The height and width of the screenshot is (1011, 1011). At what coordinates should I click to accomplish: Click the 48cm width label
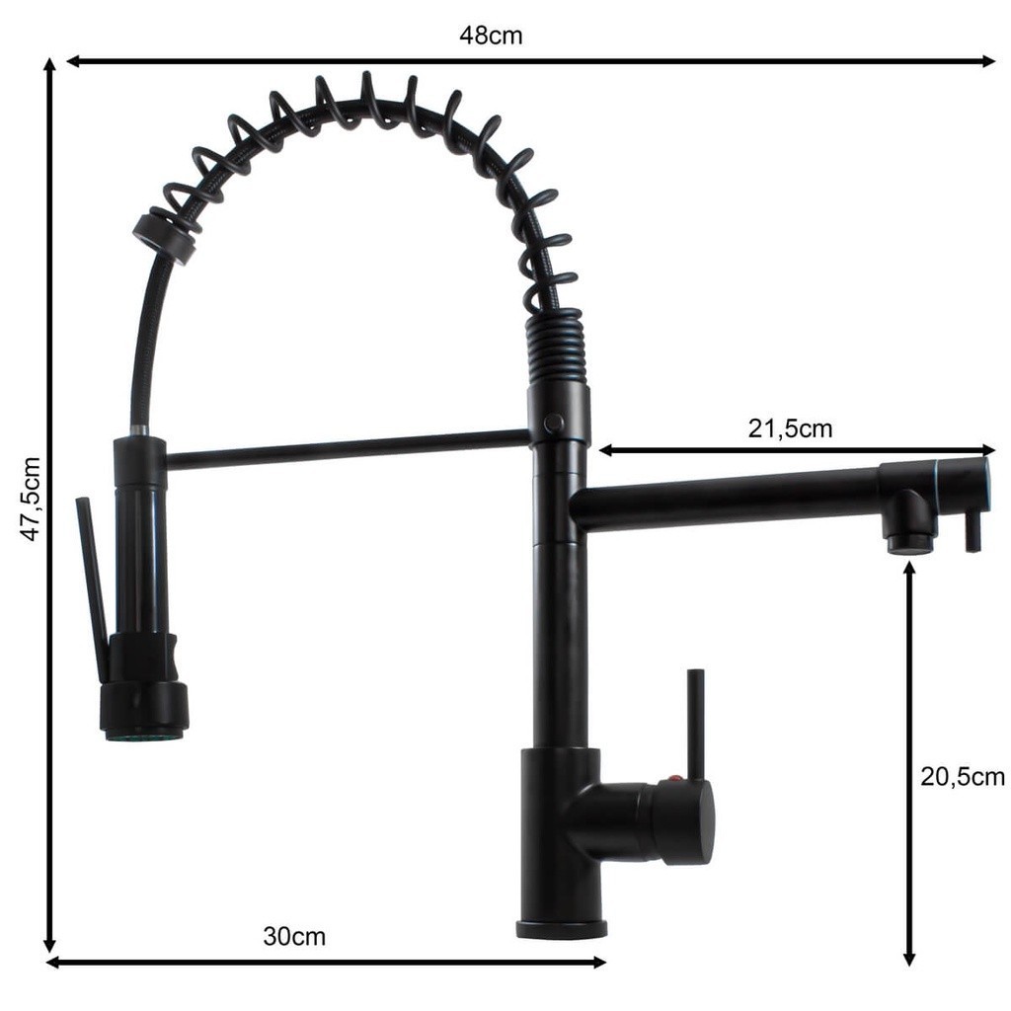point(491,35)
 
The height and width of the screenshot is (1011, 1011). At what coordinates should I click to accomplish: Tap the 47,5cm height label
point(31,499)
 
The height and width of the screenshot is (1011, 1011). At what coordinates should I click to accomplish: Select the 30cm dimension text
point(294,936)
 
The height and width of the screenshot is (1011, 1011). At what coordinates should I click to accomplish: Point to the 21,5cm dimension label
point(790,428)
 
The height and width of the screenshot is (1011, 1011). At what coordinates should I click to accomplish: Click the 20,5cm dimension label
point(962,776)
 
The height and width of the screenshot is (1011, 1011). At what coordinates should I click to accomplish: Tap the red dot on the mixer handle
point(673,778)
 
